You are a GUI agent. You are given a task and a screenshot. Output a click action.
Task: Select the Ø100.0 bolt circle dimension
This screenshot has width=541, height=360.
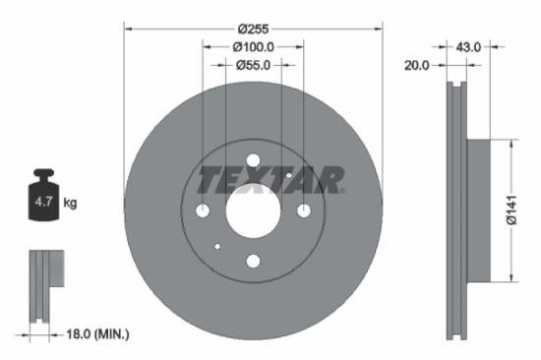[253, 46]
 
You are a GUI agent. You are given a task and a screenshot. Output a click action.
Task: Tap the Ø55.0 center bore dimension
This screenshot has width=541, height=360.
[253, 65]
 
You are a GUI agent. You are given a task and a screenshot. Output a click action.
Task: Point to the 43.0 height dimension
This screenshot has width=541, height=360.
[469, 46]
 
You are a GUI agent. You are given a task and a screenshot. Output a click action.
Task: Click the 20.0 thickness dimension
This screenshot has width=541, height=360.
[418, 65]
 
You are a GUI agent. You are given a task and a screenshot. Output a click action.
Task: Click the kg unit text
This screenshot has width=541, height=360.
[71, 204]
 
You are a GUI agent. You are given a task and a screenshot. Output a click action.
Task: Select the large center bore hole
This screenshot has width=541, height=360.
[253, 210]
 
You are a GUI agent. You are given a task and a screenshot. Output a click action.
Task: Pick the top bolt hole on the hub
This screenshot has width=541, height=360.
[253, 160]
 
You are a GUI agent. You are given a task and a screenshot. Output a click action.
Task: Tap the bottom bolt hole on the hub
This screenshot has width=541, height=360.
[253, 261]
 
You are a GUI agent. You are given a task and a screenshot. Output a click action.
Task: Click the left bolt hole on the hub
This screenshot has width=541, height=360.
[203, 210]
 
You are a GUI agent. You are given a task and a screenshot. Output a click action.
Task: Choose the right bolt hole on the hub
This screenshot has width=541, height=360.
[303, 210]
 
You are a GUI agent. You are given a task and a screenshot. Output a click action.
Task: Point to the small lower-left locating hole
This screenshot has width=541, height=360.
[217, 246]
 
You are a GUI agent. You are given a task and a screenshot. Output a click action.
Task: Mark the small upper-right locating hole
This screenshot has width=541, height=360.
[288, 175]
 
